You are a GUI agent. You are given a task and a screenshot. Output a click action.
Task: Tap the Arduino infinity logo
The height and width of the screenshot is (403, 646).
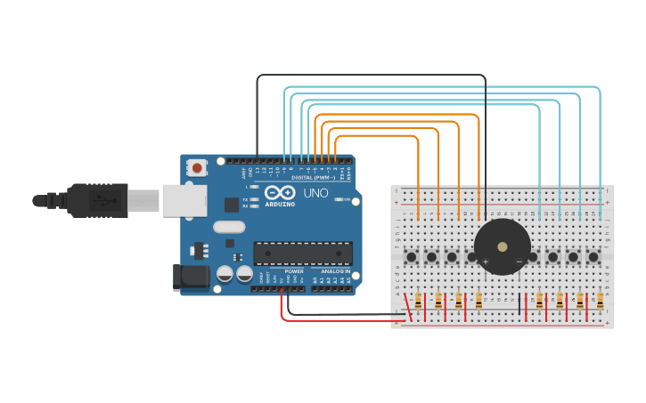click(x=279, y=193)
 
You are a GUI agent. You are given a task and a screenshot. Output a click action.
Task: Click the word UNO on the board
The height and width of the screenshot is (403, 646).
click(x=316, y=193)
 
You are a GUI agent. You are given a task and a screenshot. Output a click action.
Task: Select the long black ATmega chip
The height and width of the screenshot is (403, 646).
click(x=302, y=254)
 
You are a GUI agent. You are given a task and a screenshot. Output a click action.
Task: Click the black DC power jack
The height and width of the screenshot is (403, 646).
click(x=191, y=277)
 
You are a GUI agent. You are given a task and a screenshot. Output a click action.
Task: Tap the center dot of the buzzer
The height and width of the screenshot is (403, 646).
click(x=503, y=246)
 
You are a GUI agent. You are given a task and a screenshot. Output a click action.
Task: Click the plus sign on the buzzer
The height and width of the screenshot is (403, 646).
click(x=486, y=261)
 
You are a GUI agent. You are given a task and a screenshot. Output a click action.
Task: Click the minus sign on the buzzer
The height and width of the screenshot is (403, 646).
click(x=519, y=261)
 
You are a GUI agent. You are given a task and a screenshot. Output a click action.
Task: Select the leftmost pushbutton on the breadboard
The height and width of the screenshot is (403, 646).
click(x=412, y=258)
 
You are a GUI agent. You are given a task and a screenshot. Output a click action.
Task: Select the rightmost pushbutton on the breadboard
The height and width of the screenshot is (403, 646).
click(x=593, y=257)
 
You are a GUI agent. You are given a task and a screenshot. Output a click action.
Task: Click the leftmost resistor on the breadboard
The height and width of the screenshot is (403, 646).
click(x=418, y=301)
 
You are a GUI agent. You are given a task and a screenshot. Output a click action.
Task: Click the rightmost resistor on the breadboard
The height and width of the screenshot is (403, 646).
click(x=600, y=301)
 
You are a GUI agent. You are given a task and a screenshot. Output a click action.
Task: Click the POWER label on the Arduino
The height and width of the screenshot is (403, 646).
click(x=294, y=271)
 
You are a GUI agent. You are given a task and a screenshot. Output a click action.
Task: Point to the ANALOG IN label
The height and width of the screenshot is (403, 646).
click(x=336, y=271)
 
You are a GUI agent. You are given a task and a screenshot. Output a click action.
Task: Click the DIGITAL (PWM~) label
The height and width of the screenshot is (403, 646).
click(x=300, y=178)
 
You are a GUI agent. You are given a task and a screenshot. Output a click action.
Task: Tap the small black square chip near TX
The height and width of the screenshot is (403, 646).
click(x=232, y=205)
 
